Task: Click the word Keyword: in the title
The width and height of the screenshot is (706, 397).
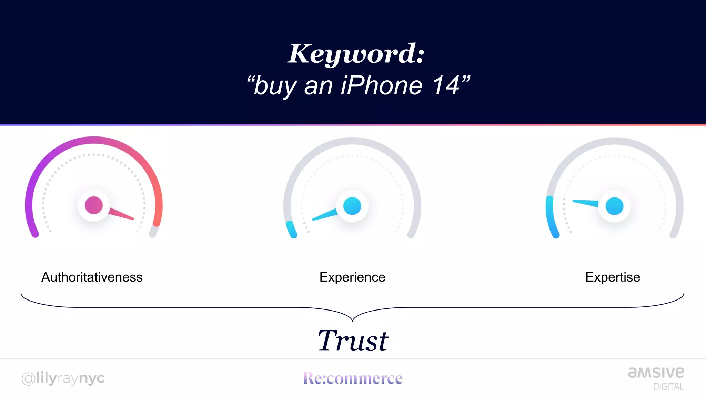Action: [x=356, y=54]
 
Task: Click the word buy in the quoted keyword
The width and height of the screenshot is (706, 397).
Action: [x=275, y=86]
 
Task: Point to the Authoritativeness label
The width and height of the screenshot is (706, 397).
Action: [x=92, y=277]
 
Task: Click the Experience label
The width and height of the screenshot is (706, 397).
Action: [x=352, y=277]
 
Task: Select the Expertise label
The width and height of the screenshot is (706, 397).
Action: [x=613, y=277]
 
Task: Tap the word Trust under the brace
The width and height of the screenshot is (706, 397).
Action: [x=353, y=341]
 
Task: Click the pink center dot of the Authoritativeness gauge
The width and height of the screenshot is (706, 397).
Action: [x=94, y=205]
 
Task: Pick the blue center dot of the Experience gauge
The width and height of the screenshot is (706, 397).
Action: [x=352, y=206]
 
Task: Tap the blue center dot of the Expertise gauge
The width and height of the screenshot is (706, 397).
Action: [x=614, y=206]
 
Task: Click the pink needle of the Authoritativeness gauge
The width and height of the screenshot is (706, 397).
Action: [x=121, y=214]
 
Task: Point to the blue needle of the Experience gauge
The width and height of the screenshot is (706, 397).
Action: [x=324, y=215]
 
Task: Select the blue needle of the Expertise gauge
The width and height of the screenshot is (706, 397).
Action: [x=585, y=203]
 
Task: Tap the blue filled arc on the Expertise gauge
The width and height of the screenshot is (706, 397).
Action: [x=551, y=217]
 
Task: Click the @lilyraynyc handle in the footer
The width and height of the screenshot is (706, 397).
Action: [x=63, y=378]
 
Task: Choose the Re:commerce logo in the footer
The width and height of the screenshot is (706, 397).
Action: [x=353, y=378]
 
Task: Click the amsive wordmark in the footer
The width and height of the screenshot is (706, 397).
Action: [x=656, y=373]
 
